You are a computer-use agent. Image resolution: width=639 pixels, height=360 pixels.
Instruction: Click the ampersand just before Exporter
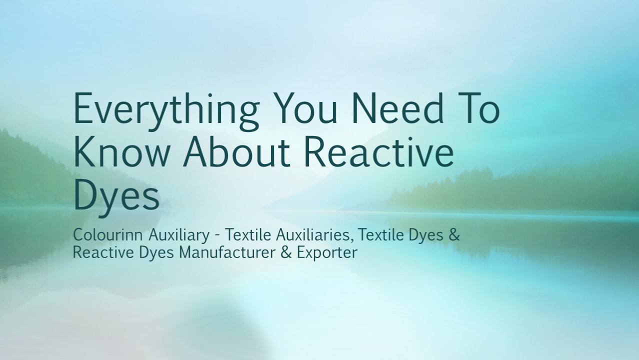coord(286,252)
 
